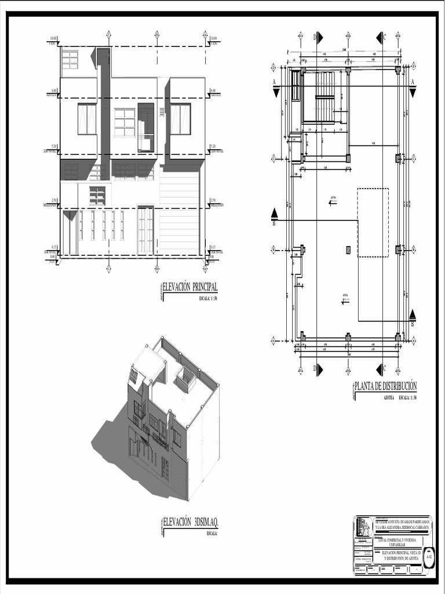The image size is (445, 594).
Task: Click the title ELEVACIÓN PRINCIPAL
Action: [190, 287]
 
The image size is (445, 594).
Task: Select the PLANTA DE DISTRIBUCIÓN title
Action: [386, 387]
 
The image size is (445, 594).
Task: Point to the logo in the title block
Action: [363, 526]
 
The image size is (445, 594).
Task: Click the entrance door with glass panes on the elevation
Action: [145, 230]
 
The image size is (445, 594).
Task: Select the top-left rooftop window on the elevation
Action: [70, 59]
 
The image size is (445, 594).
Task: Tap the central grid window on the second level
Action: [125, 122]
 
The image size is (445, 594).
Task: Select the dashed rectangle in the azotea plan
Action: [373, 222]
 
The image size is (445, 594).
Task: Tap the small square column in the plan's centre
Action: [348, 249]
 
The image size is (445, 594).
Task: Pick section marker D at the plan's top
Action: [318, 38]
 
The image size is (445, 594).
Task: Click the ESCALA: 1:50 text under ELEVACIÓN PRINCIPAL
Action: [208, 298]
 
